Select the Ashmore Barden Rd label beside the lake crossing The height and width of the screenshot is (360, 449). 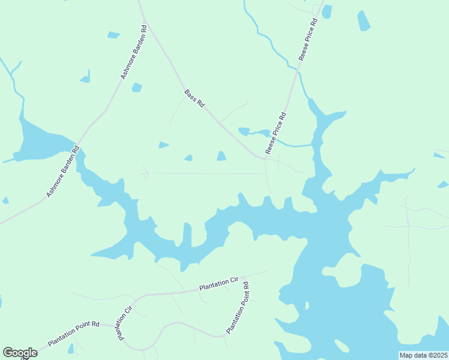(62, 172)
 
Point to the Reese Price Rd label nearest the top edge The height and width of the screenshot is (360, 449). (307, 40)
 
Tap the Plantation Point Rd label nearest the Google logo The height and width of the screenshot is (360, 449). (73, 333)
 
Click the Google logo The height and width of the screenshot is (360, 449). (20, 353)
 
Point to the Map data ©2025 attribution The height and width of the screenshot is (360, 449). (424, 355)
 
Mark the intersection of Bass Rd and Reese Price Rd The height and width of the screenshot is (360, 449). (265, 158)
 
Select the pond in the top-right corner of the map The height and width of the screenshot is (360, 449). (364, 20)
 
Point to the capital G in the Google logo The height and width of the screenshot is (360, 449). (8, 353)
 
